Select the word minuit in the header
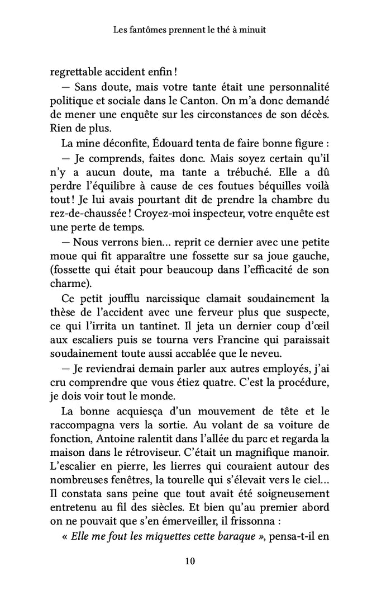click(x=252, y=31)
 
